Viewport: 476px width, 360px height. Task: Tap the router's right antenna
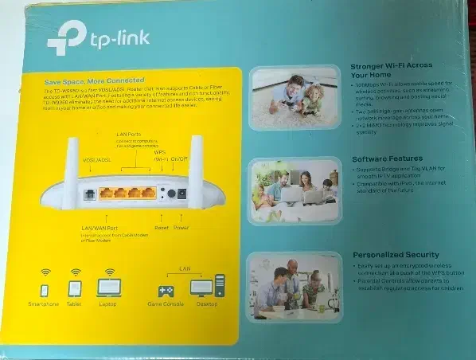pyautogui.click(x=196, y=159)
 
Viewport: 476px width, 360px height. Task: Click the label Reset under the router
pyautogui.click(x=162, y=228)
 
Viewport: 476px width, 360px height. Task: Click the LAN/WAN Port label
pyautogui.click(x=100, y=229)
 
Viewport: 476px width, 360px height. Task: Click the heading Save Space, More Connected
pyautogui.click(x=94, y=80)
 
